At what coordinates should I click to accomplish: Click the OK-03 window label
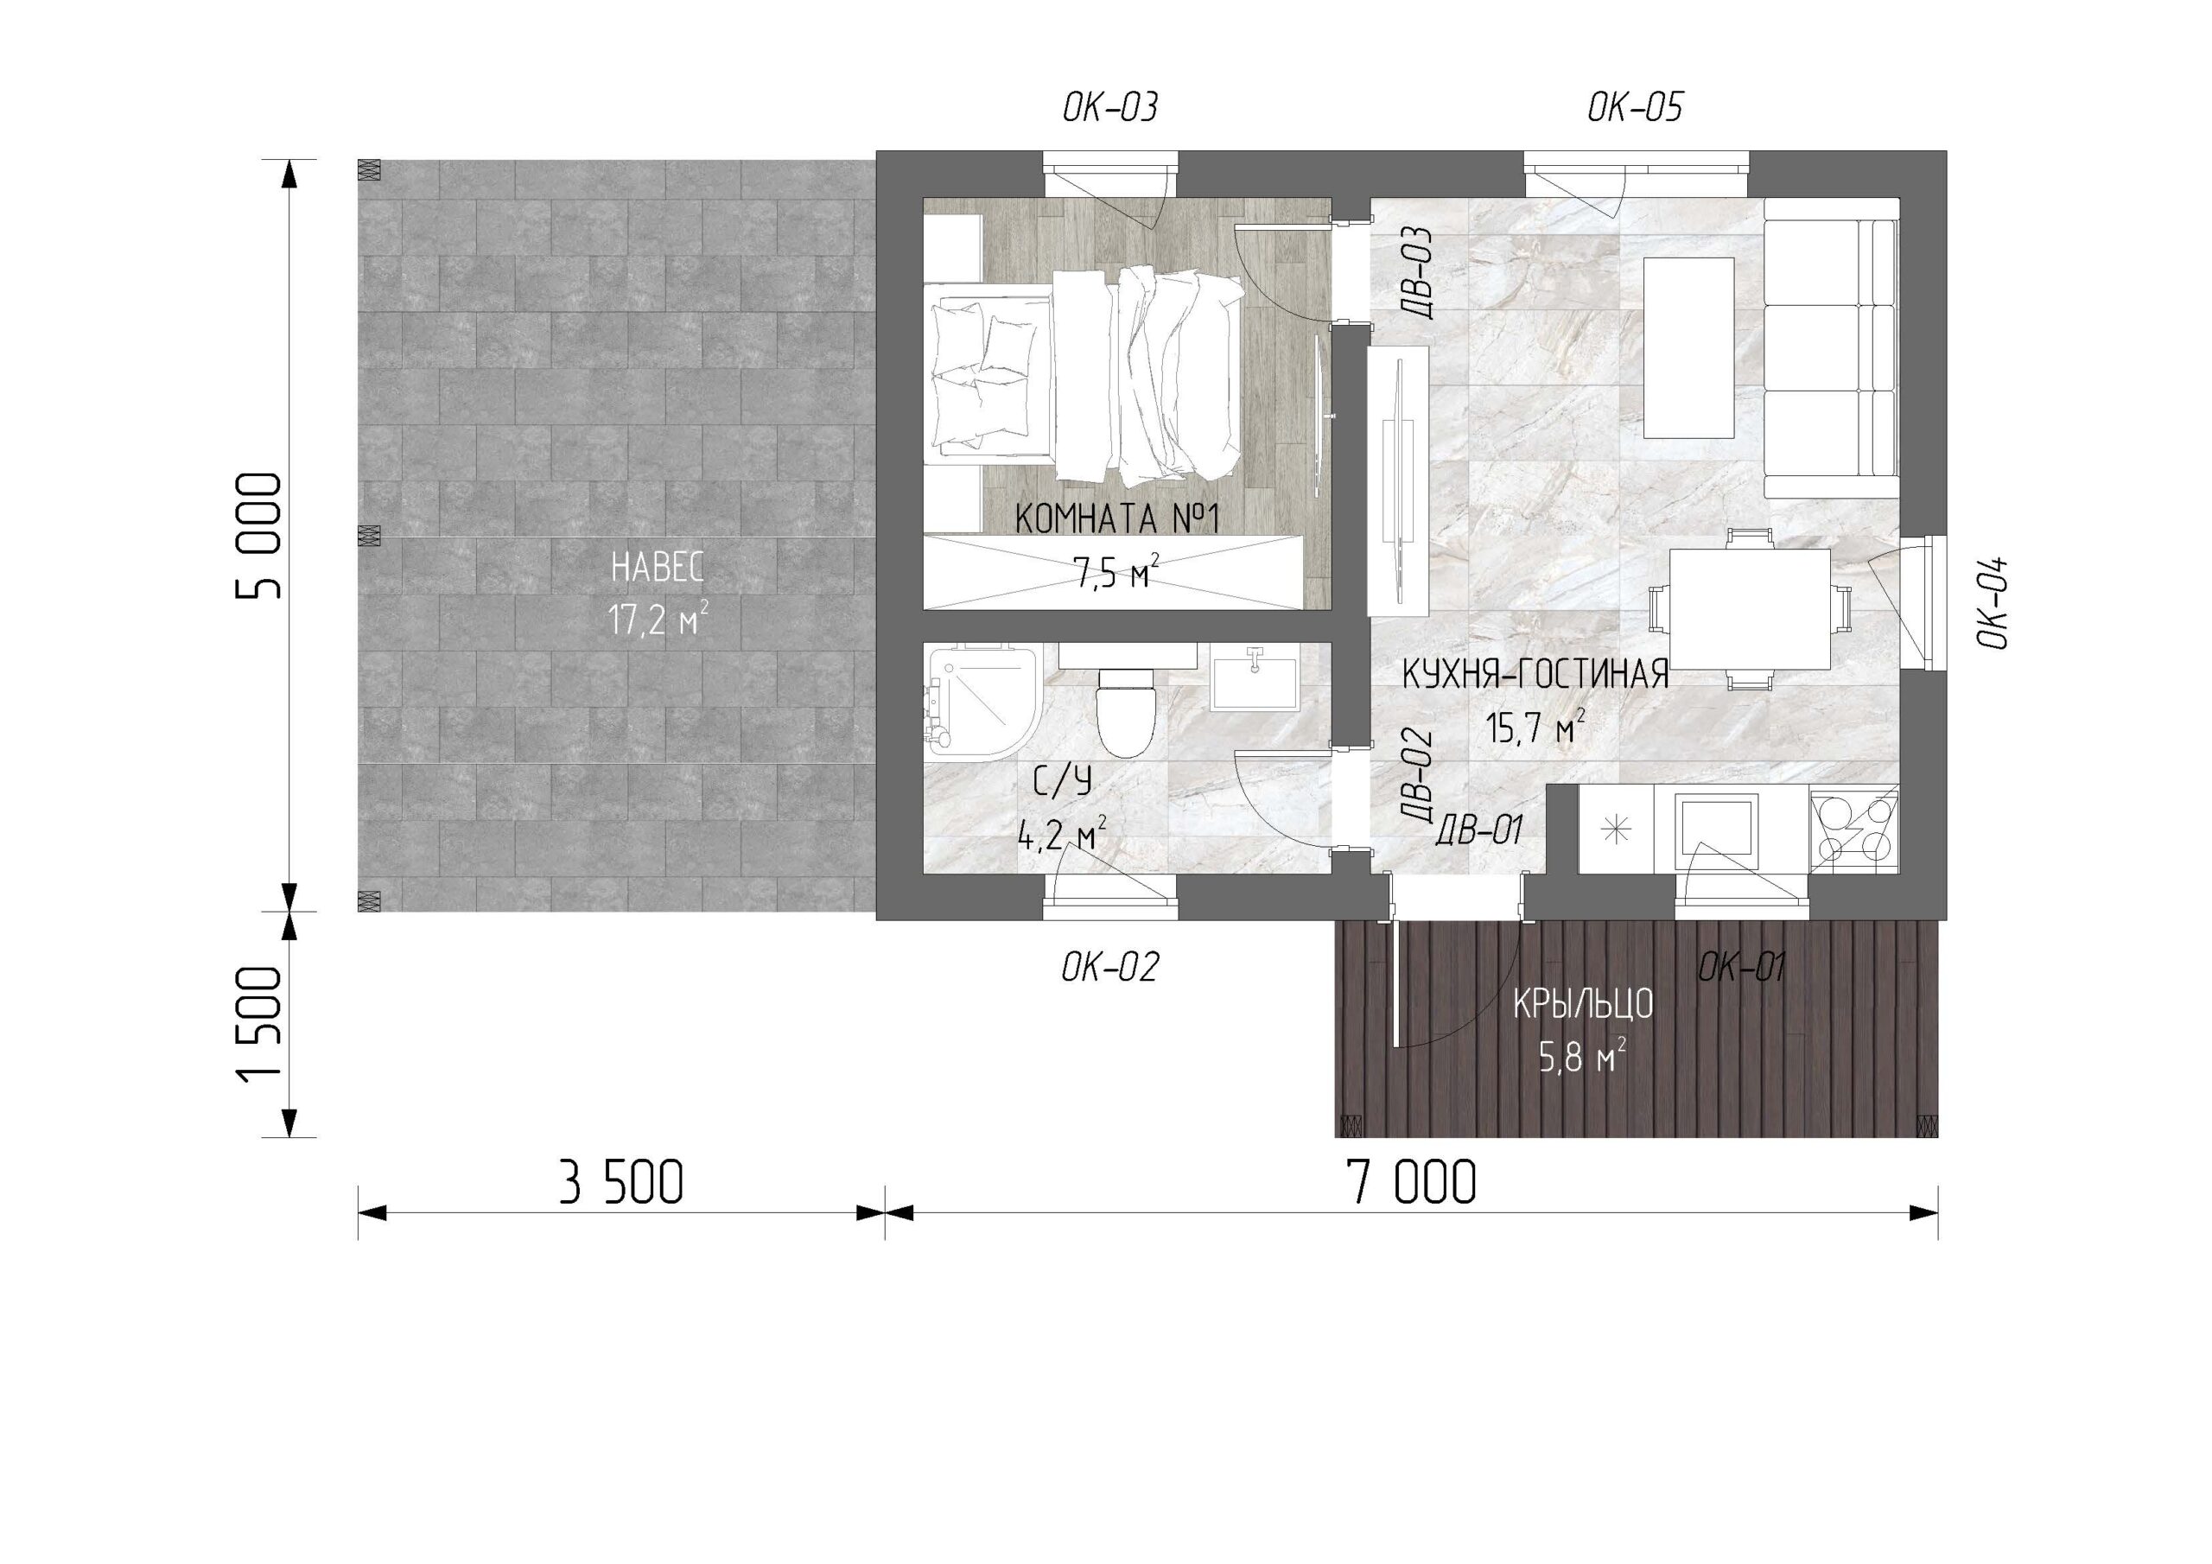pos(1109,108)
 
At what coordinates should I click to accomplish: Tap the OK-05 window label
pos(1635,108)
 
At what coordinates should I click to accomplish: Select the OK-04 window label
pos(1993,602)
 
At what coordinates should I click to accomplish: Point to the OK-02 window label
pos(1109,967)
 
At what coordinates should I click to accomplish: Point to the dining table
pos(1750,609)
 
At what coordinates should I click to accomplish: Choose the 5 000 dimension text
pos(260,536)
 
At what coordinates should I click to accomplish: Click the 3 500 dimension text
pos(621,1183)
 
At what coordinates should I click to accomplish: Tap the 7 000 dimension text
pos(1413,1183)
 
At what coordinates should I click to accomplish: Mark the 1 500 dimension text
pos(260,1023)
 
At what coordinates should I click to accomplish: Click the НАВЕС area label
pos(658,568)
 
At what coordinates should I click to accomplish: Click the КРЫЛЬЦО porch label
pos(1583,1005)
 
